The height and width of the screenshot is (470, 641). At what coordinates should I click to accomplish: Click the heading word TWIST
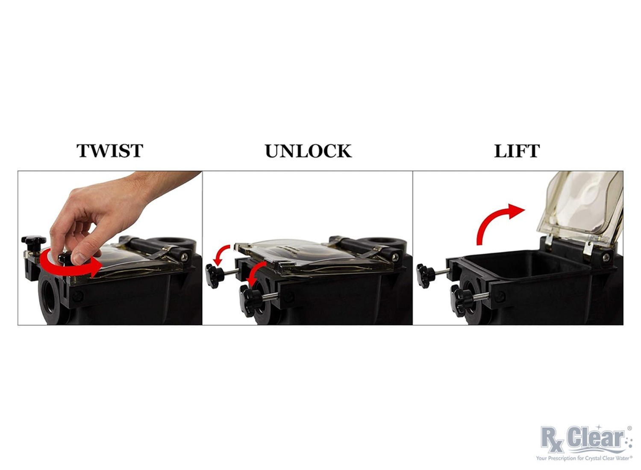tap(110, 151)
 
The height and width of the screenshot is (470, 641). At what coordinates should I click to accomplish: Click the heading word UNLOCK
tap(309, 151)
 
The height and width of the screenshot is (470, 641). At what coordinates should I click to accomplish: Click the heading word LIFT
tap(517, 151)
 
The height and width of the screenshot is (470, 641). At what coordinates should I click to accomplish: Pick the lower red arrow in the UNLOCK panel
tap(256, 272)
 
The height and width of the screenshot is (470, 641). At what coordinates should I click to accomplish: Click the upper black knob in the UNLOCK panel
tap(215, 276)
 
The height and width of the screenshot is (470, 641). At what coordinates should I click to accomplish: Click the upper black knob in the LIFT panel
tap(426, 276)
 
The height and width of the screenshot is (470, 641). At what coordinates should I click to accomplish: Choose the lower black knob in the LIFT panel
tap(461, 301)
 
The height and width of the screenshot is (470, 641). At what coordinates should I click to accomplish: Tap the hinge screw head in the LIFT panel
tap(606, 257)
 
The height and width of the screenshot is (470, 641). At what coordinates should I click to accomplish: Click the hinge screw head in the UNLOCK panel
tap(395, 257)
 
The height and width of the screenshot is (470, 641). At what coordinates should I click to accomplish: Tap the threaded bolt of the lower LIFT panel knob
tap(481, 297)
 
